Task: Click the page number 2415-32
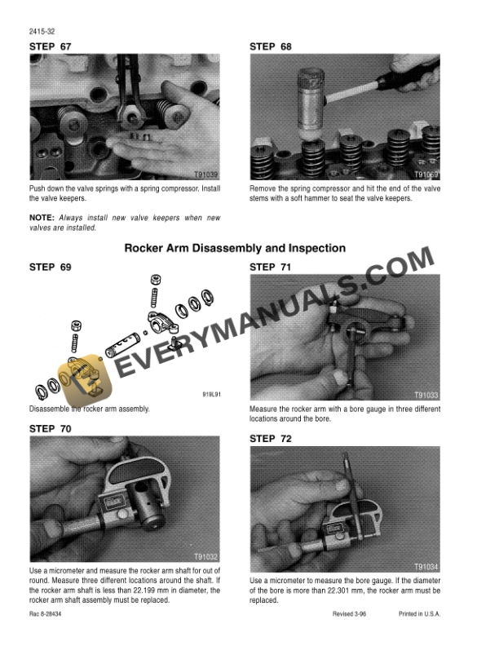(42, 33)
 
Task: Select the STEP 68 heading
(271, 47)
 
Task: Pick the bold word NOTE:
(41, 218)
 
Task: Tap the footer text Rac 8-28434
(48, 614)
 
